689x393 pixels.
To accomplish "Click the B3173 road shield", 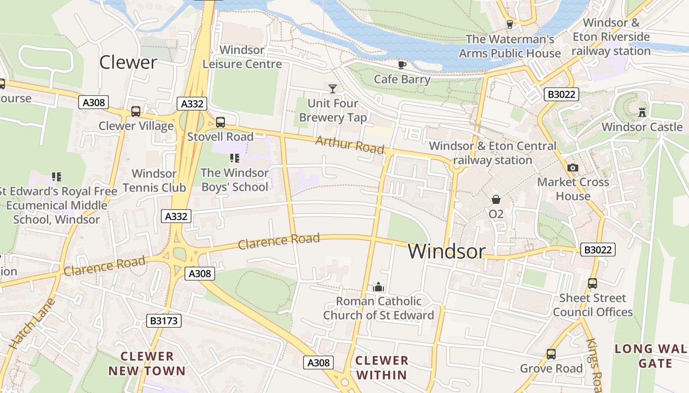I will [164, 321].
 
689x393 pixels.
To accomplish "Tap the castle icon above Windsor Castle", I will [642, 112].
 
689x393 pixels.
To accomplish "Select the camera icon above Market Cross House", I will [572, 168].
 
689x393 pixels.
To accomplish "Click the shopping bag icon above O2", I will [496, 199].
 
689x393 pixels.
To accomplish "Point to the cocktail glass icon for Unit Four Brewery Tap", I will [333, 88].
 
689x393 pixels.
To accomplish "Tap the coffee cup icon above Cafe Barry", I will [402, 65].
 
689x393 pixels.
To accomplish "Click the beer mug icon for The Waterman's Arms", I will [509, 24].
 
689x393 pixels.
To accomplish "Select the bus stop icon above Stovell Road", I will [220, 122].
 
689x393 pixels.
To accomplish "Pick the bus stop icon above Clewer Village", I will [136, 112].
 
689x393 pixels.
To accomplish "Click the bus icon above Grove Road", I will [551, 354].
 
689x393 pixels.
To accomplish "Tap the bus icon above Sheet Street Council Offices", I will [593, 283].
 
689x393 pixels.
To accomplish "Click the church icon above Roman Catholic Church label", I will [378, 286].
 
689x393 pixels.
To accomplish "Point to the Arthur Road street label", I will [349, 144].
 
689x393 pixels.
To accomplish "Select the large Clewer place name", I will [128, 62].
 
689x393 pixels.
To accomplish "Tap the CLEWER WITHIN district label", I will [382, 367].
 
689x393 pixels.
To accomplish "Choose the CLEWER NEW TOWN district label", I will [147, 364].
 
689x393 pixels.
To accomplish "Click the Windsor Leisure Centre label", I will [242, 57].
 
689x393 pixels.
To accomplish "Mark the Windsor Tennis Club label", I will [154, 180].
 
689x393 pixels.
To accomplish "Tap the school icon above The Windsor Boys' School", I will [235, 158].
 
